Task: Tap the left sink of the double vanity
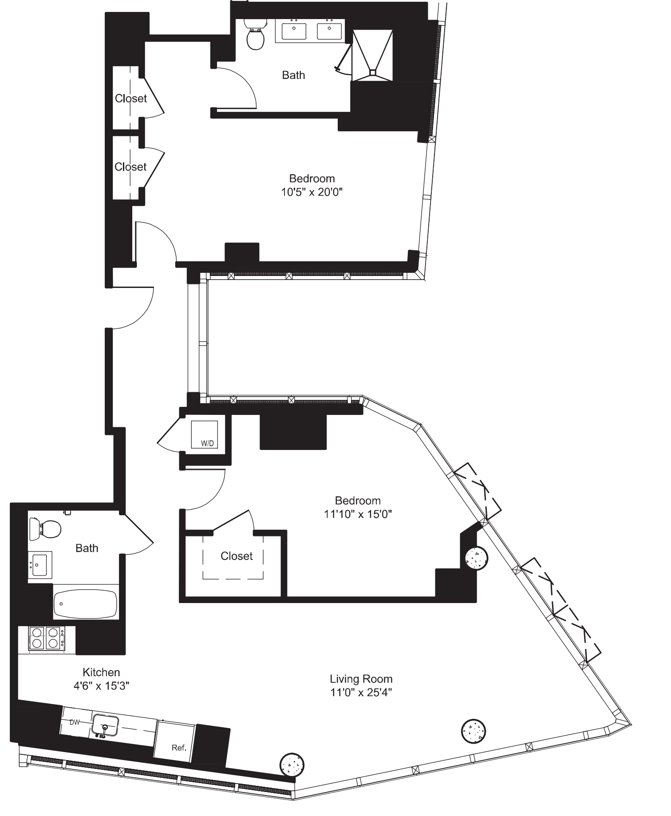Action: click(x=294, y=31)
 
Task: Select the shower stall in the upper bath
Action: click(x=372, y=55)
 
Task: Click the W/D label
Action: click(x=207, y=443)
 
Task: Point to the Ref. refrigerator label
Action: click(x=179, y=748)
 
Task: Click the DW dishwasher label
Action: click(x=75, y=722)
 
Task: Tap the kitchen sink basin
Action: click(x=105, y=725)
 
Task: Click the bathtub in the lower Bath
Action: click(x=85, y=604)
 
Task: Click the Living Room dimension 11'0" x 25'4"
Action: click(x=361, y=692)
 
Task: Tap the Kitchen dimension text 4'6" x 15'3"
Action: click(x=101, y=686)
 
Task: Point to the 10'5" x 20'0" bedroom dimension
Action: click(x=312, y=192)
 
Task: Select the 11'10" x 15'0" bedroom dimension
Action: click(x=358, y=514)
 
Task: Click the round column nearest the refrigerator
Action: click(x=292, y=764)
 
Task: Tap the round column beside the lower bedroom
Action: click(x=477, y=559)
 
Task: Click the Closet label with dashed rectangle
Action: click(x=237, y=556)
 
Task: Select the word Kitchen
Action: click(x=101, y=672)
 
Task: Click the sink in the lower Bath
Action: click(x=40, y=565)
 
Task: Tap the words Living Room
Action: click(x=361, y=679)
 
